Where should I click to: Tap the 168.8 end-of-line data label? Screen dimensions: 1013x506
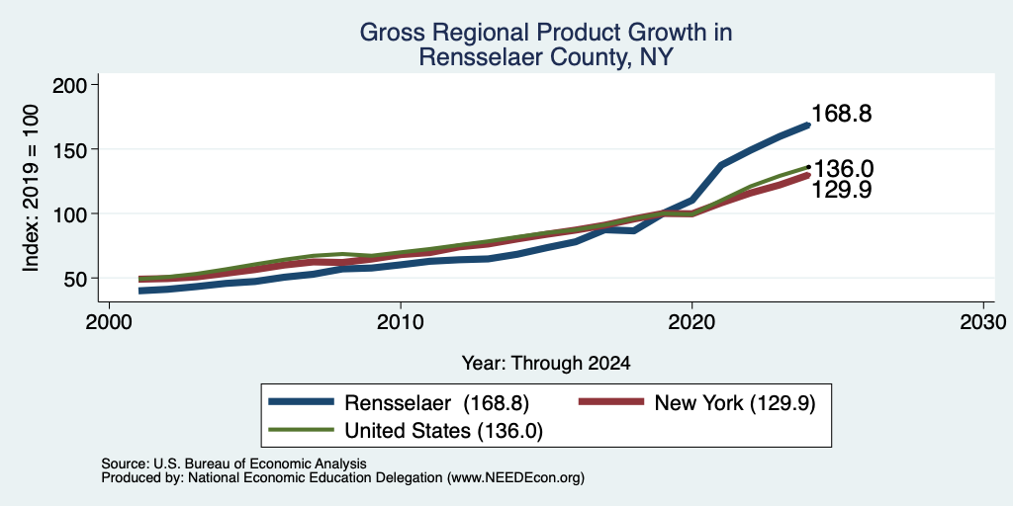[x=840, y=115]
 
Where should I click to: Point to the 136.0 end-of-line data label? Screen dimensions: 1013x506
[x=843, y=169]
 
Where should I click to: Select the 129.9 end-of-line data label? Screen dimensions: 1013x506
[x=841, y=190]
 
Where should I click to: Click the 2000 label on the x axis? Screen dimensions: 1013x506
[x=109, y=323]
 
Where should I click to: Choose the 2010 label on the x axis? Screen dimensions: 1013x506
[x=401, y=323]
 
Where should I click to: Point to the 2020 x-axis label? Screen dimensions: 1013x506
[x=691, y=323]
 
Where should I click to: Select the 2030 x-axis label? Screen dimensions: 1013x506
[x=982, y=323]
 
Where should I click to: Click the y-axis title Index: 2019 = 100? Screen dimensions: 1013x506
[x=31, y=188]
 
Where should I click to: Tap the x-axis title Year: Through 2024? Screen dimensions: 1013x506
[x=546, y=364]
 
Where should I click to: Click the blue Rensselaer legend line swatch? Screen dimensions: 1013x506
[x=302, y=402]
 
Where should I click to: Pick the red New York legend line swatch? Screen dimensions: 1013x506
[x=611, y=402]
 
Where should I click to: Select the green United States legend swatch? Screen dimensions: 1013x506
[x=302, y=430]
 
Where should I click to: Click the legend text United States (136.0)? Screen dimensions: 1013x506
[x=444, y=431]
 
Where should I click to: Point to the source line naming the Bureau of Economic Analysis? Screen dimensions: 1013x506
[x=233, y=464]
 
